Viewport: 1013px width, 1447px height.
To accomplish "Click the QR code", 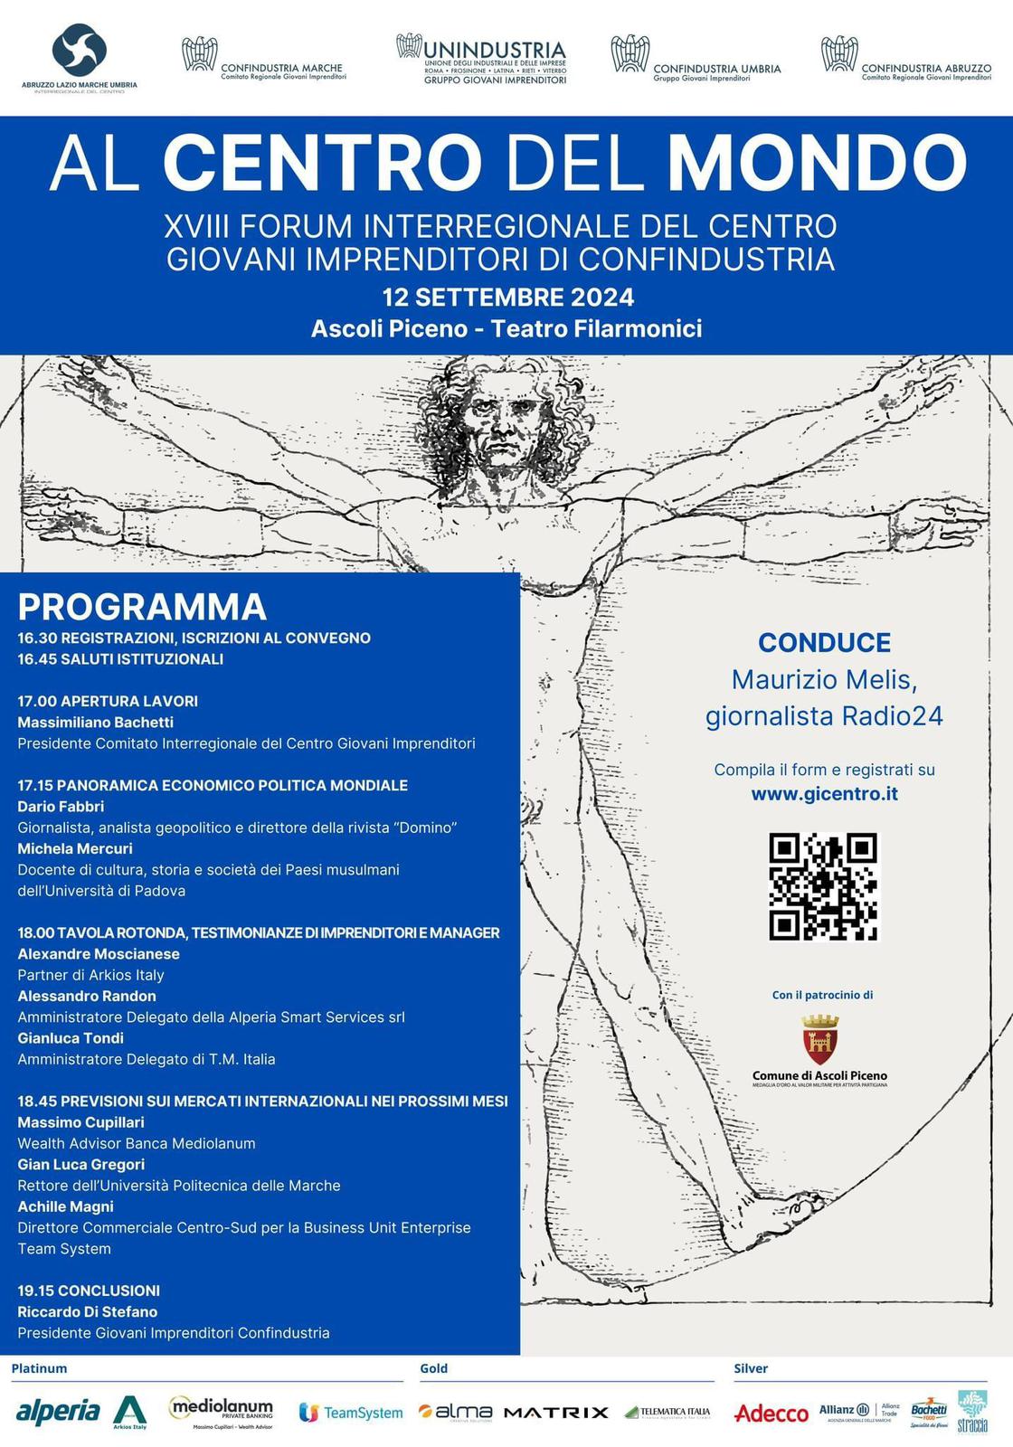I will (x=823, y=886).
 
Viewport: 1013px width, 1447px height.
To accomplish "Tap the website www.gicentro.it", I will (x=824, y=794).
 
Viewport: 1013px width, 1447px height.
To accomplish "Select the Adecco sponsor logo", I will (x=772, y=1413).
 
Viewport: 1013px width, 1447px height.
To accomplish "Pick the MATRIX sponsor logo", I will (x=555, y=1412).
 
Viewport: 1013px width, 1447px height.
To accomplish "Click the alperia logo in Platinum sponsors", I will (x=58, y=1411).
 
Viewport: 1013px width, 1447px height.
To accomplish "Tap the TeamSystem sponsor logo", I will (x=351, y=1413).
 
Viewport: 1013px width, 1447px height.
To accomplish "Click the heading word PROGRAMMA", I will (x=142, y=606).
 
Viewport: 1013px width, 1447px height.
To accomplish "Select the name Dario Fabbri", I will (x=61, y=806).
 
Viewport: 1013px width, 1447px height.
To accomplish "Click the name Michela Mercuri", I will (x=75, y=848).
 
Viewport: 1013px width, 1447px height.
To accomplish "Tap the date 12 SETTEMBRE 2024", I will (x=507, y=297).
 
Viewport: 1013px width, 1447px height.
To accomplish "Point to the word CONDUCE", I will (x=824, y=642).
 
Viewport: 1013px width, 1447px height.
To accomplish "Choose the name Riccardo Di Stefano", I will (x=88, y=1311).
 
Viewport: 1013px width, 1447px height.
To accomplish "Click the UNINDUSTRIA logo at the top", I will (x=483, y=60).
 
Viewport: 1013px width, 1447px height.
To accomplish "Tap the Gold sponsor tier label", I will (x=433, y=1368).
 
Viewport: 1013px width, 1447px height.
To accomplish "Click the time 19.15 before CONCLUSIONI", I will (x=35, y=1291).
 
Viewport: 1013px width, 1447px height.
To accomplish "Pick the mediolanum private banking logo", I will (x=221, y=1411).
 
